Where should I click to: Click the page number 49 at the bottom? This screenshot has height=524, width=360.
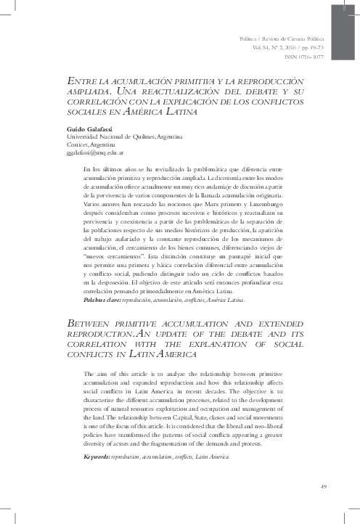click(x=323, y=486)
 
